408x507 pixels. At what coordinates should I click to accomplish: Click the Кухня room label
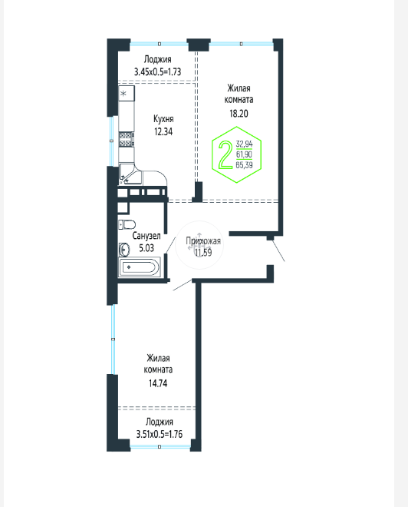click(x=163, y=119)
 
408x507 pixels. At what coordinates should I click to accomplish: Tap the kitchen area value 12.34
click(x=163, y=131)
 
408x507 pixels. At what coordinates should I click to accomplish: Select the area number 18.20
click(x=239, y=114)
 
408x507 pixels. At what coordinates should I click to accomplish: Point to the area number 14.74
click(x=158, y=383)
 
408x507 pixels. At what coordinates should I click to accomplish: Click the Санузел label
click(x=146, y=236)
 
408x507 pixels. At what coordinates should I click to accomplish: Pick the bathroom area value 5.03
click(x=146, y=248)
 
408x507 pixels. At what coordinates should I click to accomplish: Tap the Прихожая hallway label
click(x=203, y=241)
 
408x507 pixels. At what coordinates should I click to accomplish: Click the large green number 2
click(x=225, y=155)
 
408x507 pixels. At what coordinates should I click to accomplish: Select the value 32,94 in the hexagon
click(x=244, y=144)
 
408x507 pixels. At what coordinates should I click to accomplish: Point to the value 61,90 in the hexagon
click(x=244, y=154)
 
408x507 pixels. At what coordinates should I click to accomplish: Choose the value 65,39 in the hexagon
click(x=244, y=165)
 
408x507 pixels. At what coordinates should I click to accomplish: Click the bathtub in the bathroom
click(x=140, y=267)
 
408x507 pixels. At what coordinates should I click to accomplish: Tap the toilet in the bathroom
click(x=127, y=224)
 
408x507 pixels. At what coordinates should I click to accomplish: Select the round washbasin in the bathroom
click(x=124, y=250)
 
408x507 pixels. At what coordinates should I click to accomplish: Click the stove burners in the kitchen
click(x=127, y=139)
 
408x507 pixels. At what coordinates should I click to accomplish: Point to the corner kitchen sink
click(x=130, y=174)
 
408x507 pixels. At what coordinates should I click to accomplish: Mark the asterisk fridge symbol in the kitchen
click(x=123, y=94)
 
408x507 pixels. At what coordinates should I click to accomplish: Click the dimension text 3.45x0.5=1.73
click(x=157, y=71)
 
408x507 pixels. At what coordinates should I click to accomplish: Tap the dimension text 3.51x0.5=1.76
click(x=159, y=434)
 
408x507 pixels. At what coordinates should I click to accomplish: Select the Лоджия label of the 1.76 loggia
click(x=159, y=422)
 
